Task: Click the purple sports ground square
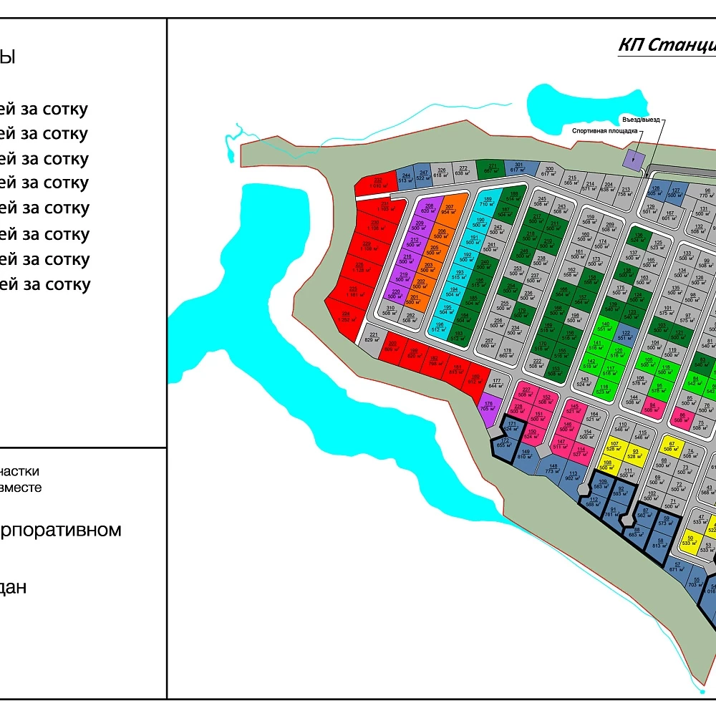(x=633, y=160)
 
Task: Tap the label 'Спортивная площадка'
(x=604, y=131)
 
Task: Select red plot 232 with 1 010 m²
(x=377, y=183)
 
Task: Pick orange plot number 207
(x=449, y=209)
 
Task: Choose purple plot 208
(x=428, y=208)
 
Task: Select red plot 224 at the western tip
(x=345, y=316)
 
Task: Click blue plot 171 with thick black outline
(x=511, y=426)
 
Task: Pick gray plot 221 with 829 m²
(x=373, y=337)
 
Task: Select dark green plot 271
(x=492, y=168)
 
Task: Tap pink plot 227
(x=526, y=392)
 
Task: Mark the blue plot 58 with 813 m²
(x=659, y=544)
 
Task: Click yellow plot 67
(x=671, y=445)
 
